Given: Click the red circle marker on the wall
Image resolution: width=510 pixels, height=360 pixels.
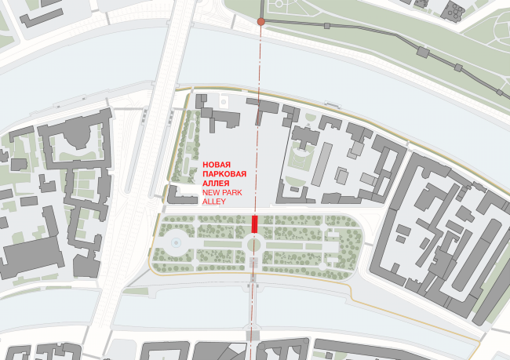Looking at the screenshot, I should (x=260, y=22).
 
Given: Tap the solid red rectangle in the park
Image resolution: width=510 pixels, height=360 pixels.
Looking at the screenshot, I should (x=254, y=223).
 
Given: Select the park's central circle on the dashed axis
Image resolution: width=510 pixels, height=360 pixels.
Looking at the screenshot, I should (x=254, y=245).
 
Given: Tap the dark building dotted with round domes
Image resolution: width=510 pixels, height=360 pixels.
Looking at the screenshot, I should (x=454, y=11).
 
